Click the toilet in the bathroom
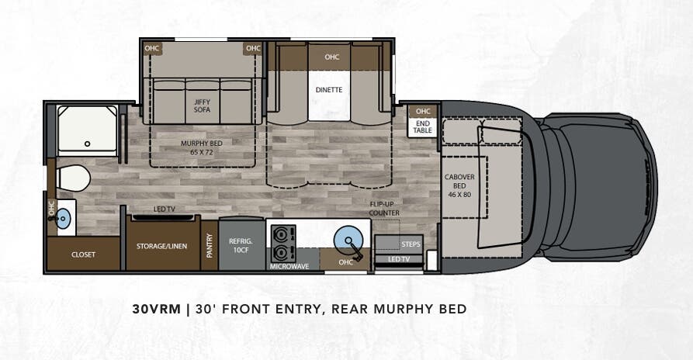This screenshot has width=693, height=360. pyautogui.click(x=73, y=177)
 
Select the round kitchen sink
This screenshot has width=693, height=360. pyautogui.click(x=347, y=239)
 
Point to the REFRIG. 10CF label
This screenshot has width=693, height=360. pyautogui.click(x=241, y=245)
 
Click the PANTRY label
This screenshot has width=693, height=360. pyautogui.click(x=210, y=246)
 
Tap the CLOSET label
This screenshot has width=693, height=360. pyautogui.click(x=83, y=254)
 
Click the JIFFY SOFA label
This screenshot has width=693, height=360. pyautogui.click(x=202, y=105)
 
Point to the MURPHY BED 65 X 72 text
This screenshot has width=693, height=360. pyautogui.click(x=201, y=148)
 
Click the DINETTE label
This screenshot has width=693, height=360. pyautogui.click(x=329, y=89)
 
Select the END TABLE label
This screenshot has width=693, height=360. pyautogui.click(x=423, y=126)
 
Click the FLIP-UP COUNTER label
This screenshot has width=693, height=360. pyautogui.click(x=384, y=208)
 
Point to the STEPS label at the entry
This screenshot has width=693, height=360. pyautogui.click(x=411, y=244)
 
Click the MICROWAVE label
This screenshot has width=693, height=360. pyautogui.click(x=289, y=266)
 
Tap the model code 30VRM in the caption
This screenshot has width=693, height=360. pyautogui.click(x=155, y=309)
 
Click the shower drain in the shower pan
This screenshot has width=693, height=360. pyautogui.click(x=87, y=143)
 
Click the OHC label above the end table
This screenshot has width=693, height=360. pyautogui.click(x=423, y=111)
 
